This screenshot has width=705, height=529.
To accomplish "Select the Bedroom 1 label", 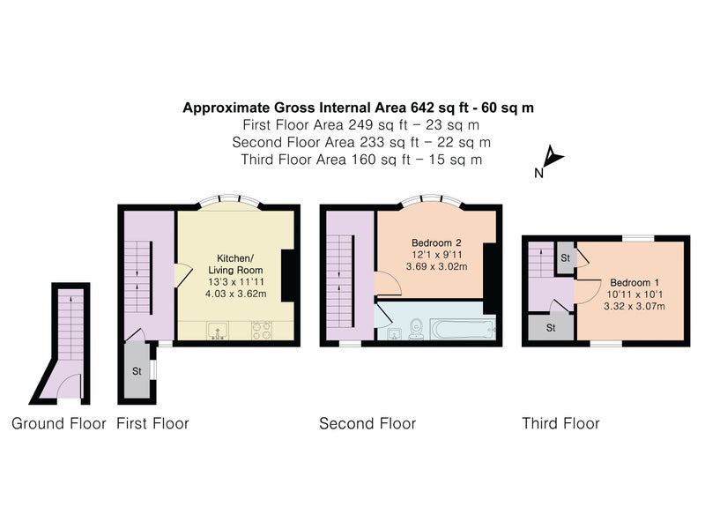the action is coord(634,283).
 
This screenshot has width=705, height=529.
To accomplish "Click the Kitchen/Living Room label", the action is coord(235,264).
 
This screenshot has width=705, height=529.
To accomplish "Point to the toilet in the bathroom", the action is coord(416,328).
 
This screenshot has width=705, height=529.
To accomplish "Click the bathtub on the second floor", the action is coord(463,329).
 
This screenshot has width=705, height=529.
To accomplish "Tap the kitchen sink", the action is coord(218,331).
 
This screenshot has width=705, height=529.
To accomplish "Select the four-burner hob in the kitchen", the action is coord(262,331).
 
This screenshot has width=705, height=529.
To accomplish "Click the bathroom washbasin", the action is coord(395,333).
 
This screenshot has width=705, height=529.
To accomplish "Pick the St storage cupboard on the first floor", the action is coord(137,370).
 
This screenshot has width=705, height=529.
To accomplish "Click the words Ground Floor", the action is coord(59,423).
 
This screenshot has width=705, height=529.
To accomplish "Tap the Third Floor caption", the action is coord(560,423).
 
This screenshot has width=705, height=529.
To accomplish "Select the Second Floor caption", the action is coord(367,423).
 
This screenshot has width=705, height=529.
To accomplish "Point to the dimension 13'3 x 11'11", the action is coord(236,282).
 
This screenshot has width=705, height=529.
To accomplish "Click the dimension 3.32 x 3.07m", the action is coord(634,306).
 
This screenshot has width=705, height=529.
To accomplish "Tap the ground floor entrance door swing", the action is coord(70,387).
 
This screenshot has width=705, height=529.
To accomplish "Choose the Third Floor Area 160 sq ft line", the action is coord(361,160).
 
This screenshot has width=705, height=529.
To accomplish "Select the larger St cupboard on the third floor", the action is coord(551,327).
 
